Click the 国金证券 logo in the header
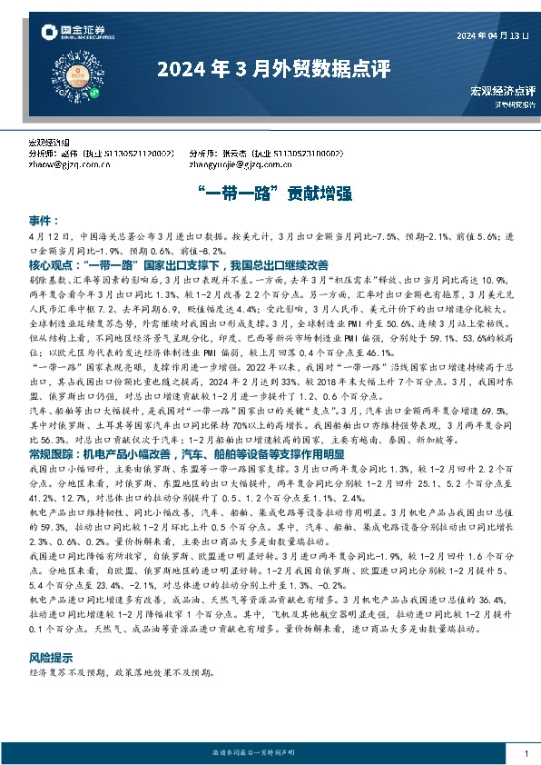[74, 35]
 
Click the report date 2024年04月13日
[491, 35]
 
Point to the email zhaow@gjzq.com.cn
[66, 165]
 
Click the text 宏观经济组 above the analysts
[49, 144]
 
